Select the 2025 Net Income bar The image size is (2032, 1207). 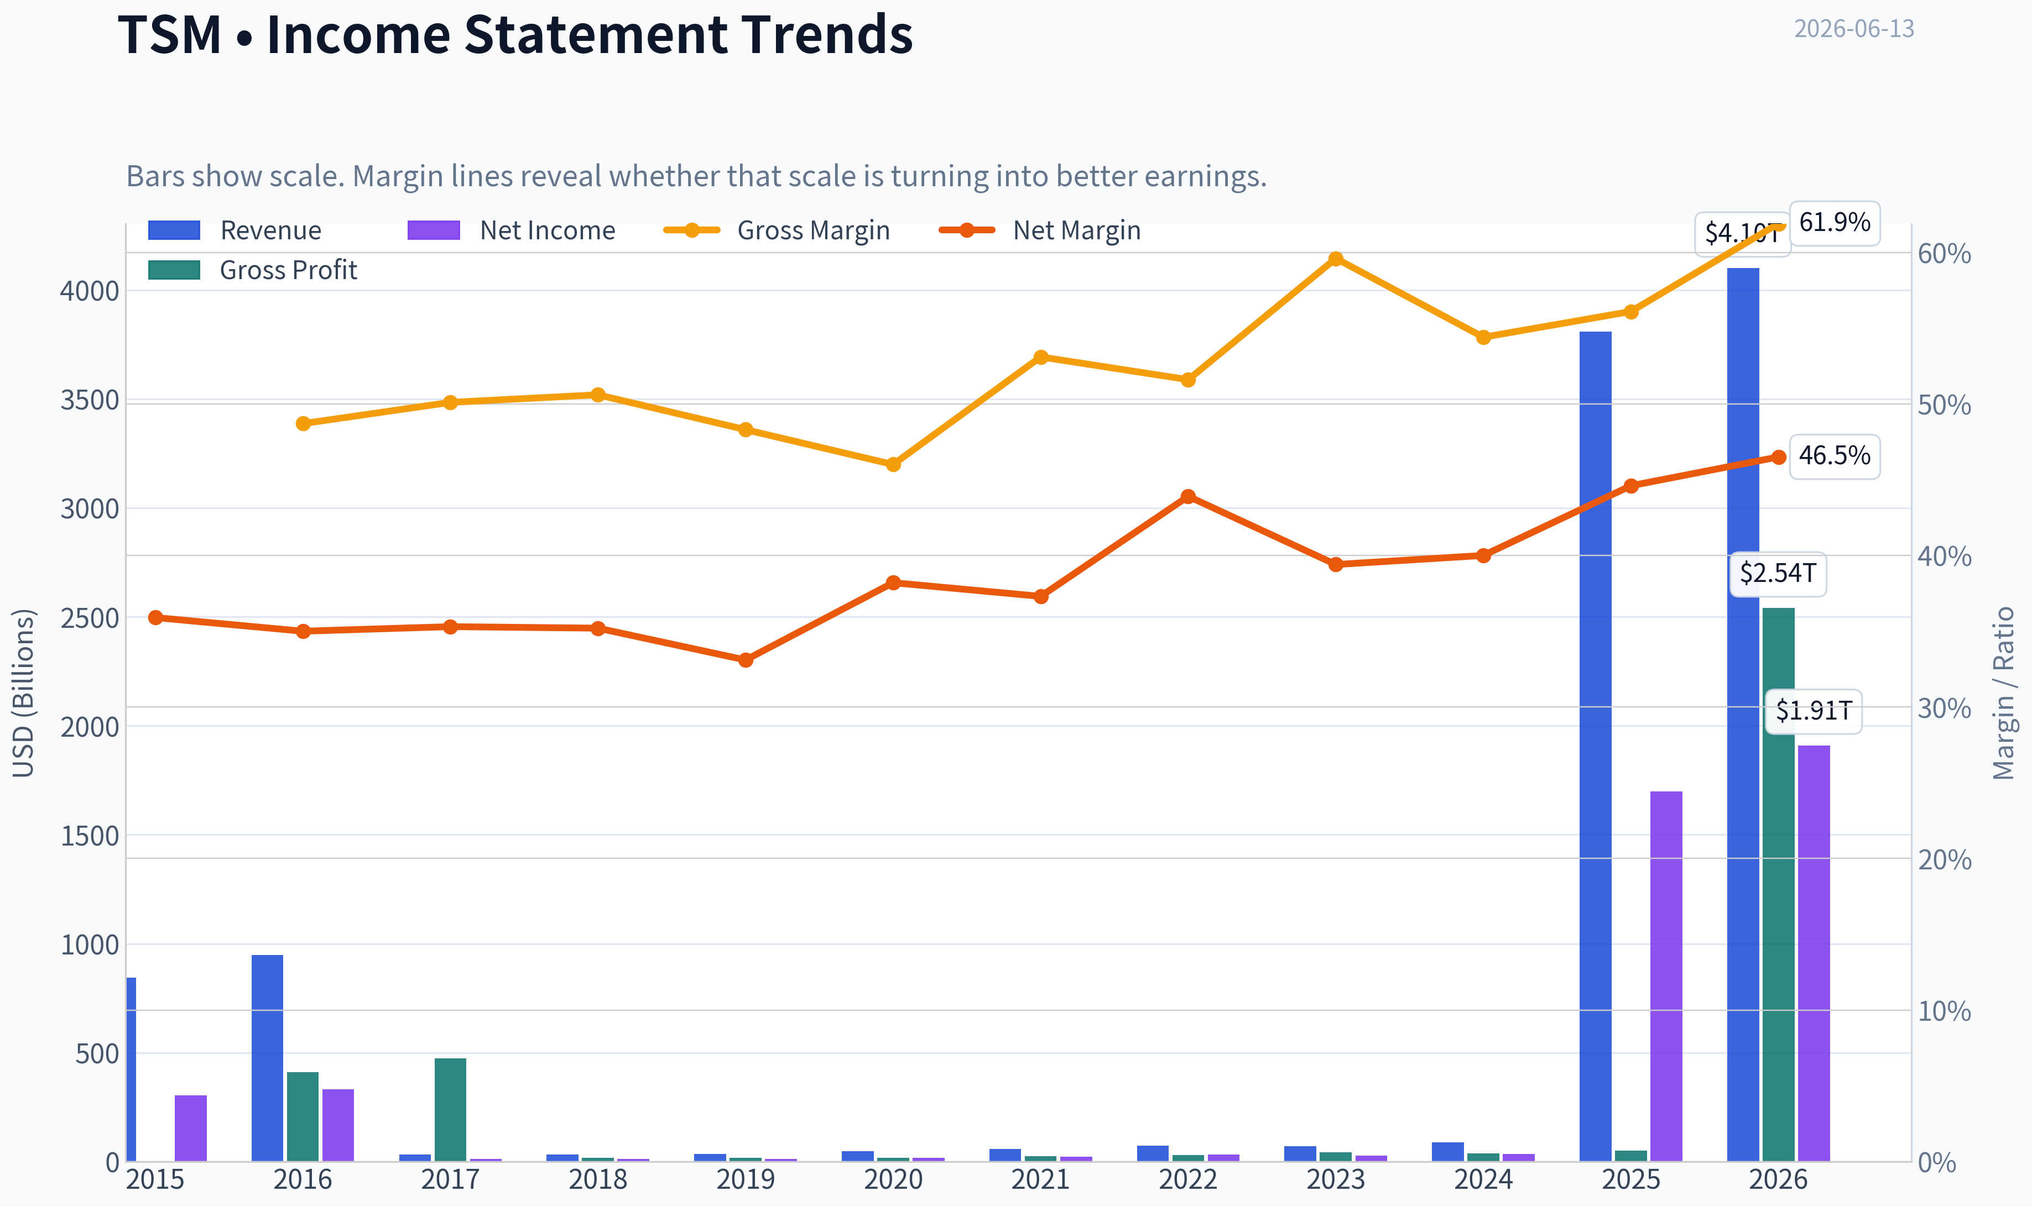coord(1666,976)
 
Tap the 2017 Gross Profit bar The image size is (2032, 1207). coord(450,1109)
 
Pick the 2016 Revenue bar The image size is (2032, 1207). coord(267,1058)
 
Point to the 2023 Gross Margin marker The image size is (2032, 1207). coord(1336,259)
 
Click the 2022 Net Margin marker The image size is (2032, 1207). coord(1188,497)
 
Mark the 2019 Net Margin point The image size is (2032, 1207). coord(746,660)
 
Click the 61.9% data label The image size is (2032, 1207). coord(1834,223)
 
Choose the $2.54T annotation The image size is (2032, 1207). coord(1777,574)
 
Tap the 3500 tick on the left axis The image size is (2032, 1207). coord(90,400)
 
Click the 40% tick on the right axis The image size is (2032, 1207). coord(1944,557)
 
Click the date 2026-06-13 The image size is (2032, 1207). coord(1854,29)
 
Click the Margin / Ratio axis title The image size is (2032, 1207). coord(2003,693)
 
